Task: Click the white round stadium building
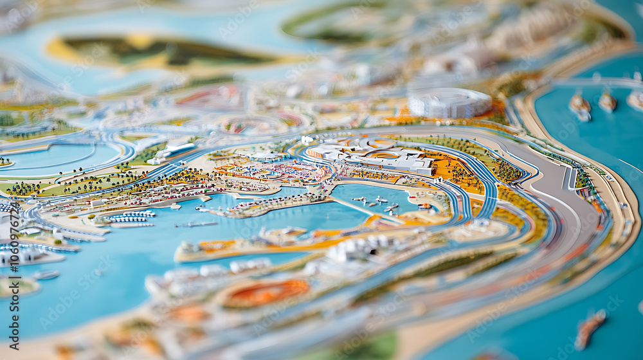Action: pyautogui.click(x=449, y=102)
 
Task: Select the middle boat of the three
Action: pyautogui.click(x=607, y=101)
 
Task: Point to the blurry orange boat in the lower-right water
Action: pyautogui.click(x=590, y=328)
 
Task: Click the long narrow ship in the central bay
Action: pyautogui.click(x=196, y=224)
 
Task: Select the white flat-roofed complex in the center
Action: pyautogui.click(x=373, y=156)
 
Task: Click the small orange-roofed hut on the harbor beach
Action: pyautogui.click(x=425, y=206)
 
